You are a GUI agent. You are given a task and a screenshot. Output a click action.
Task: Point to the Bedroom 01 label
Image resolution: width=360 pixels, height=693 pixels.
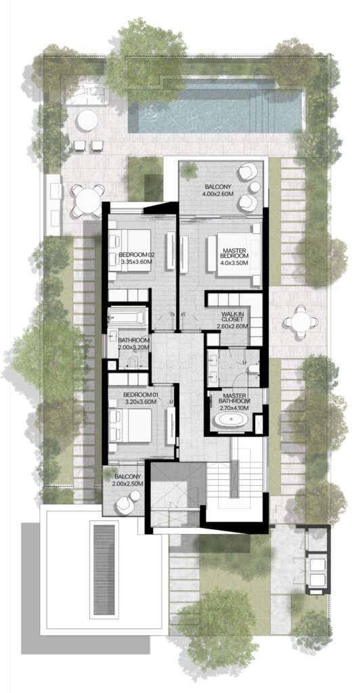[140, 394]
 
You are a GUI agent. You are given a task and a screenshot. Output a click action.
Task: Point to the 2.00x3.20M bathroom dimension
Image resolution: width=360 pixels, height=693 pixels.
[133, 346]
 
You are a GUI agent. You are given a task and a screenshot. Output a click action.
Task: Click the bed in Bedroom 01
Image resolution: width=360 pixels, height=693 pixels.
[135, 424]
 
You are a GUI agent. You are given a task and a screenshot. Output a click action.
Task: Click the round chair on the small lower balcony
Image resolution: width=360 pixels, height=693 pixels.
[125, 504]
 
